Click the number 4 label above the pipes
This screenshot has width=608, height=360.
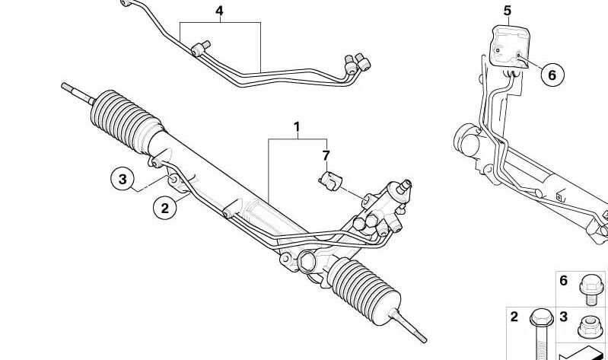220,11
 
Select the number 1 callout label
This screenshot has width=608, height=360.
298,126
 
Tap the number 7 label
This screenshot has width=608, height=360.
326,156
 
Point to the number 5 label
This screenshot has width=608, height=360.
508,11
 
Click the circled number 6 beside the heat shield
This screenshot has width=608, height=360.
552,74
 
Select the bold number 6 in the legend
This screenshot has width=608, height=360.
563,281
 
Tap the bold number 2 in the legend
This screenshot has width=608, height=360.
514,317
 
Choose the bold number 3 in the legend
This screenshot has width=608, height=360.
563,317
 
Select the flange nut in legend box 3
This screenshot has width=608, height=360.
588,324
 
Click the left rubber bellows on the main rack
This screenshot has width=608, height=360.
125,119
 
